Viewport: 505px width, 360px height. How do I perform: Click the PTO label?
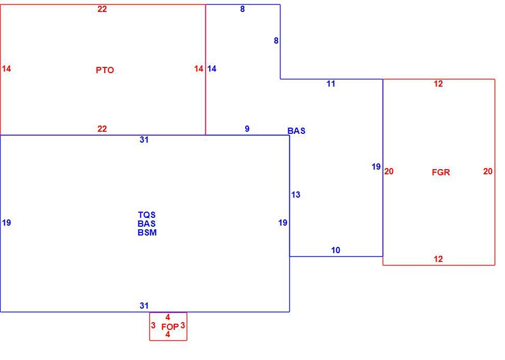point(105,70)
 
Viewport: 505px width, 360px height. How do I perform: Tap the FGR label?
point(441,172)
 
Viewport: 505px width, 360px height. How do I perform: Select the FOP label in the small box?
point(170,327)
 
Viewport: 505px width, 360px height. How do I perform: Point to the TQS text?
point(147,215)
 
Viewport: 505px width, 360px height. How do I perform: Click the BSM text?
point(147,232)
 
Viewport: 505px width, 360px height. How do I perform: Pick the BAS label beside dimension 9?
point(296,131)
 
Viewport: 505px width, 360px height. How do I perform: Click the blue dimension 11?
point(331,84)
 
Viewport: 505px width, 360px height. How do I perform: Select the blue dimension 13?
point(296,195)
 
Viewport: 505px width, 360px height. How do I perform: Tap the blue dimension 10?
point(335,250)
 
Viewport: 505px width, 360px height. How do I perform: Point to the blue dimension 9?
point(247,129)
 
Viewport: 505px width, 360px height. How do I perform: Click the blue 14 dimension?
point(212,68)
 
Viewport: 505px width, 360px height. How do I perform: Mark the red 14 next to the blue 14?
point(199,68)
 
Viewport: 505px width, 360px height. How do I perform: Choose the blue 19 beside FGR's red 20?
point(376,167)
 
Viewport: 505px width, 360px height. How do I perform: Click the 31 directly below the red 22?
point(144,140)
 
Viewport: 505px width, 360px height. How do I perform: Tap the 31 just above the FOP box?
point(144,306)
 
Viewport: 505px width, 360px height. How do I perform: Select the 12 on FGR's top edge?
point(438,84)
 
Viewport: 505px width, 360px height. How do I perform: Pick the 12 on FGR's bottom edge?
point(438,259)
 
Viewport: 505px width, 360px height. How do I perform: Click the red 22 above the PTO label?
point(102,9)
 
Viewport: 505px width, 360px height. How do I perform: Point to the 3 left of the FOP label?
point(153,326)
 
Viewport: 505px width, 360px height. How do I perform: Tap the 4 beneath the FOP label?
point(167,335)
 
